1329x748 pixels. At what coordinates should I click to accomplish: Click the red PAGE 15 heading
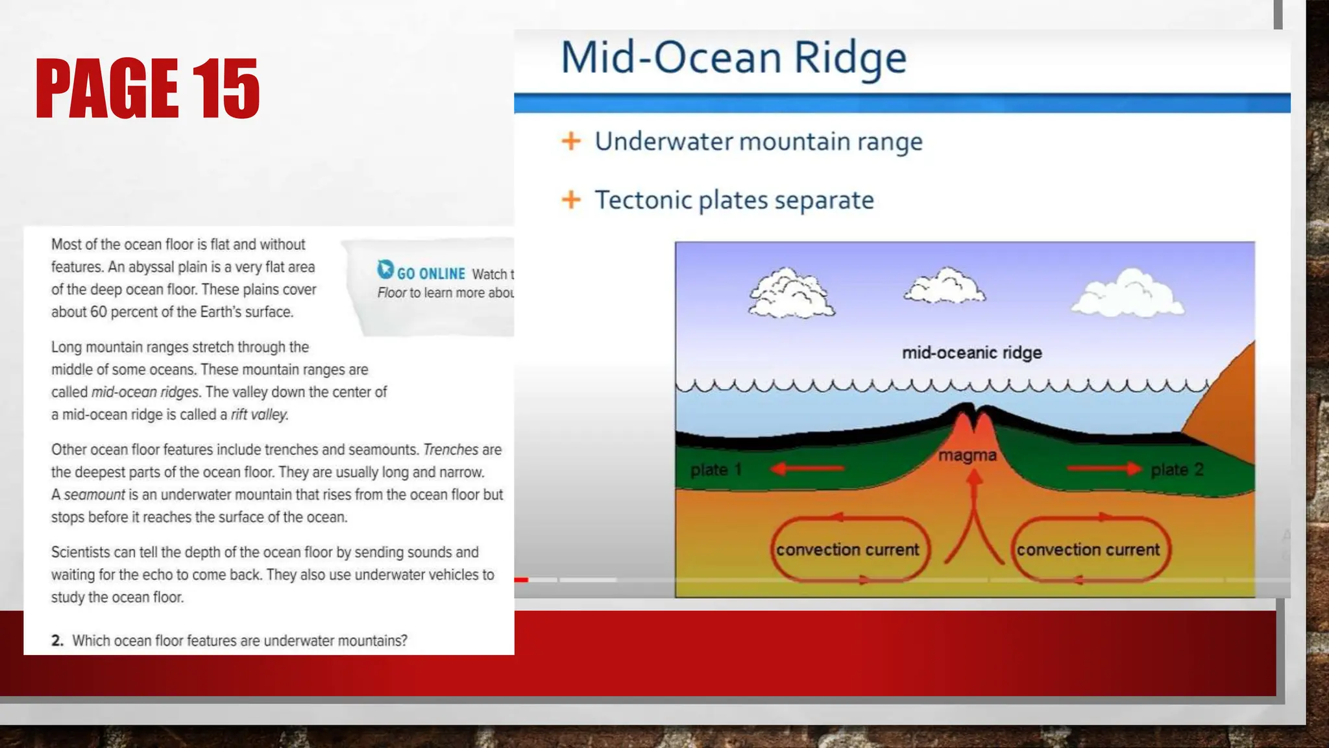pyautogui.click(x=147, y=88)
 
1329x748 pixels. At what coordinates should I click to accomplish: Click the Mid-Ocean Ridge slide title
pyautogui.click(x=733, y=58)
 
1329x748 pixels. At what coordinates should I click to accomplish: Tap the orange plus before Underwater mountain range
pyautogui.click(x=571, y=141)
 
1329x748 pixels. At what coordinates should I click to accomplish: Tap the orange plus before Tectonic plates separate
pyautogui.click(x=571, y=199)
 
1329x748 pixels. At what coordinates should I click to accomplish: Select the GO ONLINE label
pyautogui.click(x=431, y=274)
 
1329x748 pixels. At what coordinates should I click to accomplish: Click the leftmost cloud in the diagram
pyautogui.click(x=791, y=293)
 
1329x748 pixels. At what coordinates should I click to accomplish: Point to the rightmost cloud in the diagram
pyautogui.click(x=1128, y=293)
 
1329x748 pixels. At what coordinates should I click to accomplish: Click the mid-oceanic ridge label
pyautogui.click(x=971, y=353)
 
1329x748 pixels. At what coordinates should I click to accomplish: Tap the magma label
pyautogui.click(x=967, y=455)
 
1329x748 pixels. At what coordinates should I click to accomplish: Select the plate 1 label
pyautogui.click(x=715, y=469)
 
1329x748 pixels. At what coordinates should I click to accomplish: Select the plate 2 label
pyautogui.click(x=1177, y=469)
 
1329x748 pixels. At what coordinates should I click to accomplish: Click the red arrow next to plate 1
pyautogui.click(x=807, y=468)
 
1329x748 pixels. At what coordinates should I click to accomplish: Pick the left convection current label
pyautogui.click(x=847, y=549)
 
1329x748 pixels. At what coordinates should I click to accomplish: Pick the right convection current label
pyautogui.click(x=1088, y=549)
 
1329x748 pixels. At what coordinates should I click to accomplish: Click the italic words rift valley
pyautogui.click(x=259, y=414)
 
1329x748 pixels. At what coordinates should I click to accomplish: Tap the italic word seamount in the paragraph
pyautogui.click(x=94, y=495)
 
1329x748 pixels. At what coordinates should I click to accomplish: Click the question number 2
pyautogui.click(x=57, y=641)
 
